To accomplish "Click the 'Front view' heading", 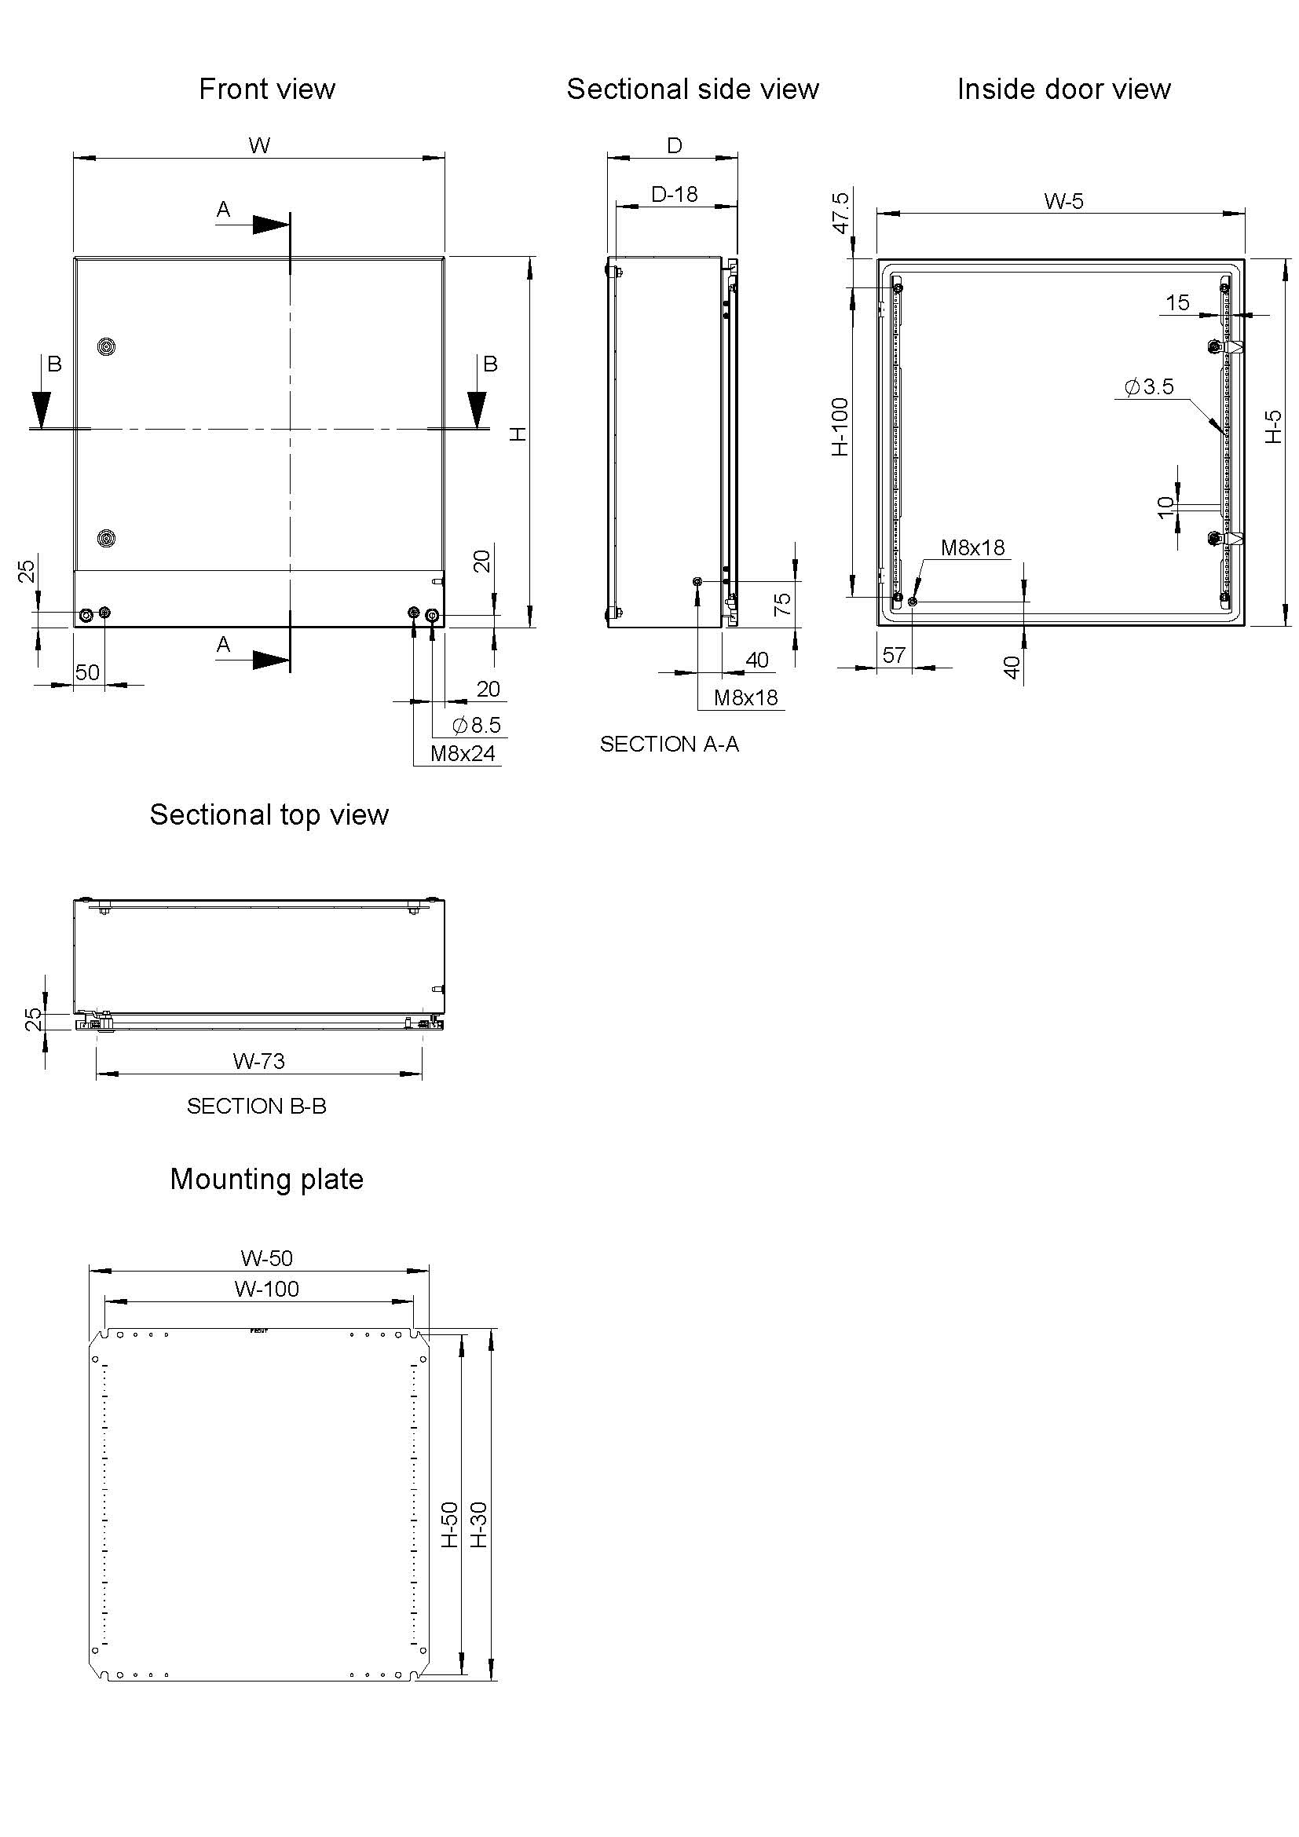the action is click(x=266, y=89).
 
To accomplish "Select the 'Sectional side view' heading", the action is click(x=693, y=89).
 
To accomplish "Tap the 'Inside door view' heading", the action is click(x=1064, y=89).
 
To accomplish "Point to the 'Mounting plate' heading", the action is click(x=266, y=1180).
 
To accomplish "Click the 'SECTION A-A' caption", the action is click(x=669, y=744).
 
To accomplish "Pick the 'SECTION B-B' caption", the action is click(x=257, y=1106).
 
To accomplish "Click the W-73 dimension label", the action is click(x=258, y=1061).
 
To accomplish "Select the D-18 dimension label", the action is click(x=675, y=195).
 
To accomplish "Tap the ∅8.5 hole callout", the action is click(x=477, y=725).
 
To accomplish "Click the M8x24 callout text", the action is click(x=463, y=753).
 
